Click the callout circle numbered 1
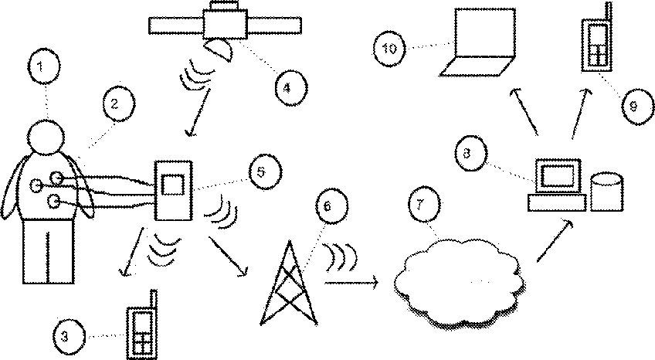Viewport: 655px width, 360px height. pos(44,66)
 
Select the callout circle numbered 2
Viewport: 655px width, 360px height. pos(118,104)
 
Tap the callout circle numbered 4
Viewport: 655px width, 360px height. pos(291,88)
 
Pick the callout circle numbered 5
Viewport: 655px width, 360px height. pos(265,172)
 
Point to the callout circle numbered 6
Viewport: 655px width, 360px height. pos(331,206)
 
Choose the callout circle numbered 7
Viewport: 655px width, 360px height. pos(424,205)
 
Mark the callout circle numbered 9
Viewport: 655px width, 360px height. pos(636,107)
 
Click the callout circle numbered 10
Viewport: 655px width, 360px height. pos(389,49)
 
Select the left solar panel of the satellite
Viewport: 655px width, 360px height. pos(176,25)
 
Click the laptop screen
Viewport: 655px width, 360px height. pos(484,32)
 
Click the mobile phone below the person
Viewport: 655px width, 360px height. pos(141,325)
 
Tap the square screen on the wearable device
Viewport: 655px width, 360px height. pos(172,185)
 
